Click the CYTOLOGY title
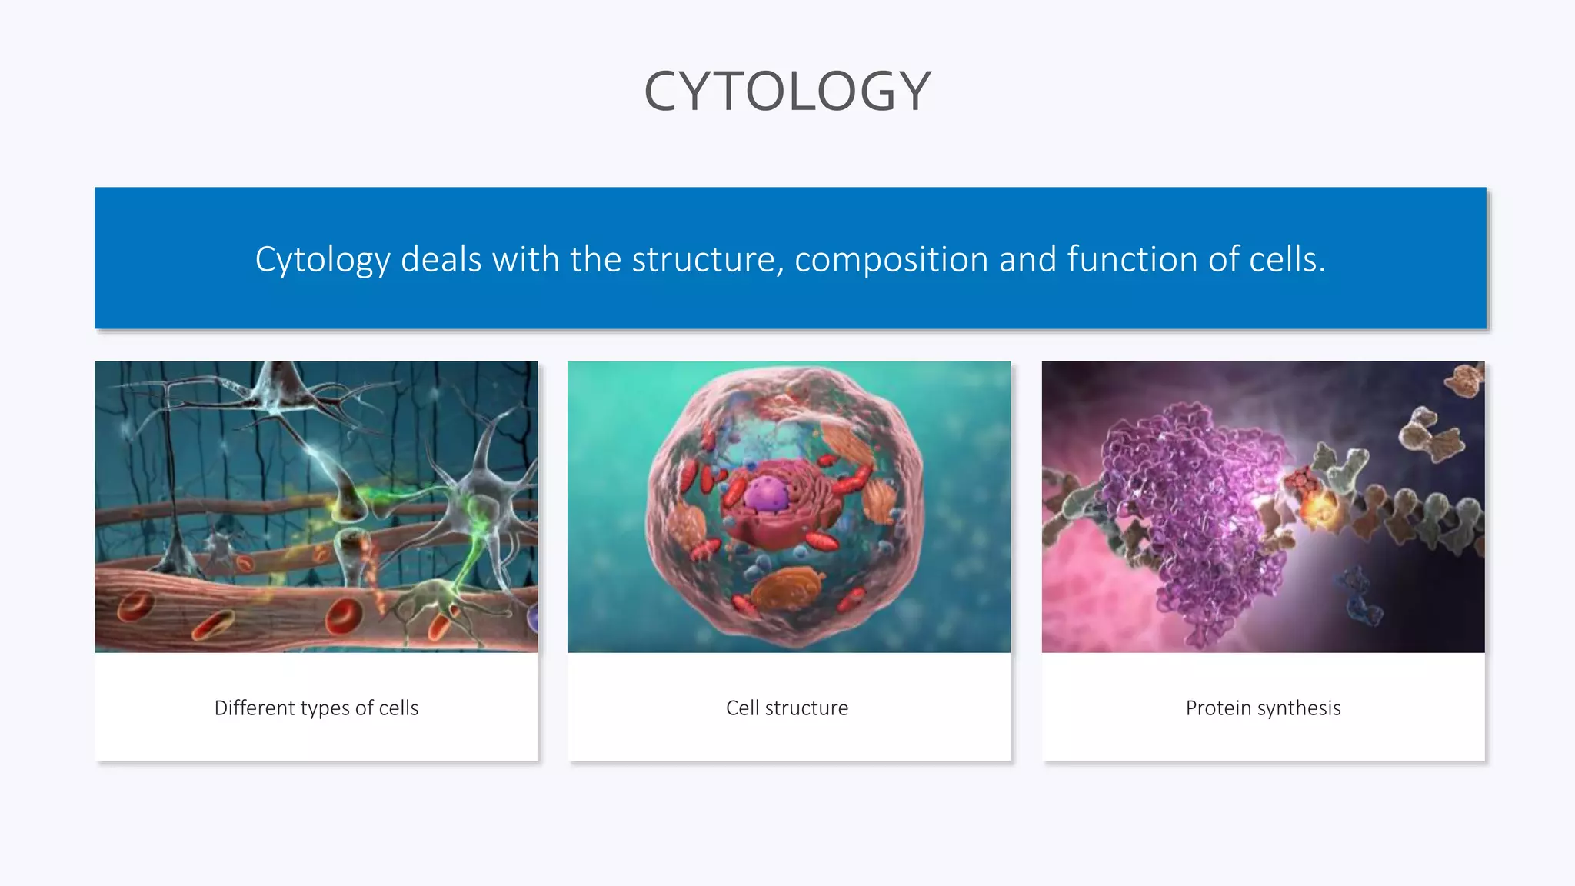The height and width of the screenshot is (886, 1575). [787, 91]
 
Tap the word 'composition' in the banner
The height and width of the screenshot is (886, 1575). [891, 259]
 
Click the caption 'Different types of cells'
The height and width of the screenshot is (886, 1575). [316, 708]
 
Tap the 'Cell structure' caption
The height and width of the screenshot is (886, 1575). [787, 708]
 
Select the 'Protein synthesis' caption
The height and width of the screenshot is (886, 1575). [1263, 708]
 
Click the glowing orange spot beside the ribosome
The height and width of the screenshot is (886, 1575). [1322, 508]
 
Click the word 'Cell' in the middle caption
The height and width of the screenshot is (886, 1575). [742, 708]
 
